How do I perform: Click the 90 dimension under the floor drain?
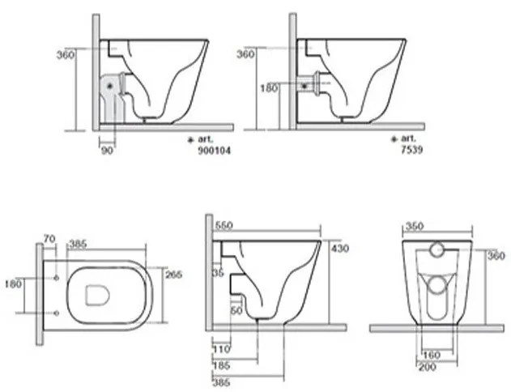[107, 151]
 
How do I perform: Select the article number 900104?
[214, 151]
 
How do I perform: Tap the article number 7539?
[412, 150]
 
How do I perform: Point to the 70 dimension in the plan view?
[49, 239]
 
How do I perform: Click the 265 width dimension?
[173, 275]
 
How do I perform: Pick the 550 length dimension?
[224, 225]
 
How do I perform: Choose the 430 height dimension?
[340, 249]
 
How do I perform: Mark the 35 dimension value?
[219, 273]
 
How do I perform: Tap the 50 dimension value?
[236, 310]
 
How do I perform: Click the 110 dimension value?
[222, 349]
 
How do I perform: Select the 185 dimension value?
[222, 365]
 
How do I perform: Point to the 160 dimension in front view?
[432, 355]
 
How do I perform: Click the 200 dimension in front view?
[428, 367]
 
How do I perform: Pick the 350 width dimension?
[414, 226]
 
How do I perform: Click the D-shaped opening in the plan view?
[97, 296]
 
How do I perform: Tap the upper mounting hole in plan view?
[57, 278]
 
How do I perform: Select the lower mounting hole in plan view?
[57, 313]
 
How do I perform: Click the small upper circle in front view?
[436, 249]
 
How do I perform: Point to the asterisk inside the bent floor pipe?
[109, 86]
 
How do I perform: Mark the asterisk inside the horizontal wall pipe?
[304, 86]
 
